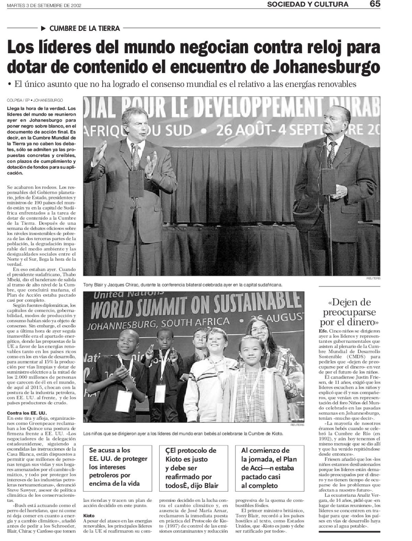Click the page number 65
[x=375, y=4]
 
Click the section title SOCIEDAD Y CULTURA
[x=308, y=4]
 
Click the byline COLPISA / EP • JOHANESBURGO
[x=35, y=101]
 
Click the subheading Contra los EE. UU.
[x=26, y=413]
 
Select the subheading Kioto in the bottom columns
[x=89, y=516]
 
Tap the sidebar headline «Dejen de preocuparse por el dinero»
[x=350, y=312]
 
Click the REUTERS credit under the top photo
[x=373, y=278]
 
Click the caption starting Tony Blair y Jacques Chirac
[x=183, y=285]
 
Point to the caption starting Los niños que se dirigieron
[x=183, y=434]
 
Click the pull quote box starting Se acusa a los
[x=118, y=466]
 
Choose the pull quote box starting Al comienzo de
[x=269, y=467]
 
